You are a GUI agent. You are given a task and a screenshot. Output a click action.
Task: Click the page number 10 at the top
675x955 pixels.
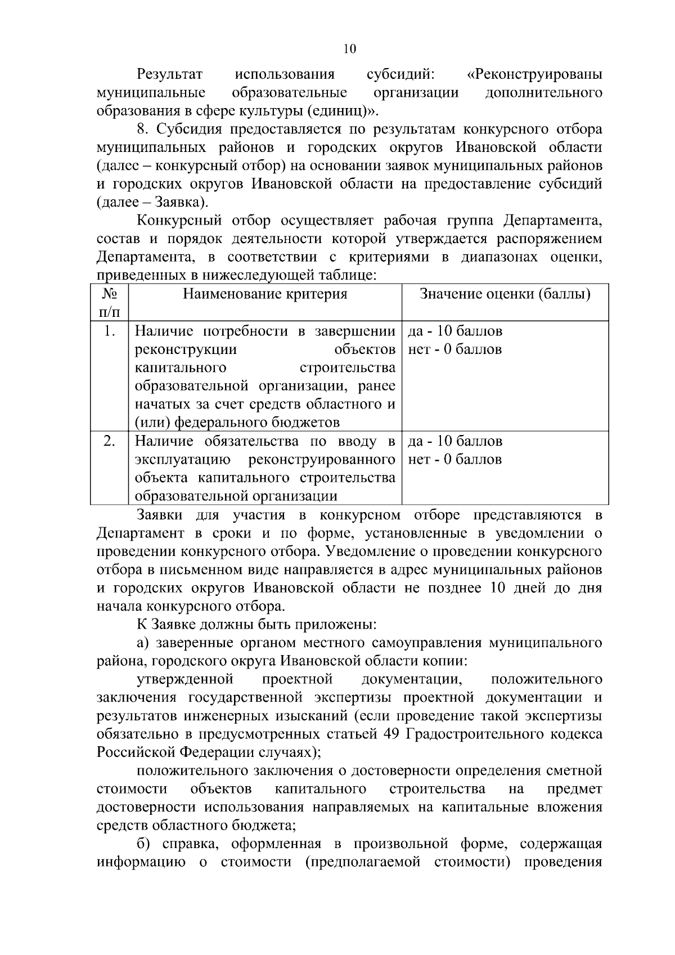(x=349, y=49)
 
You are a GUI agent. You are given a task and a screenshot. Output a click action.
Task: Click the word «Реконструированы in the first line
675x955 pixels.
(x=535, y=74)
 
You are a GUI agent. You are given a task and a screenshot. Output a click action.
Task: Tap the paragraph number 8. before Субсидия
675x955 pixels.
(x=144, y=129)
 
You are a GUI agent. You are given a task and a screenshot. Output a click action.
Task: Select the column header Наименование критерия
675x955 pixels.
(x=265, y=294)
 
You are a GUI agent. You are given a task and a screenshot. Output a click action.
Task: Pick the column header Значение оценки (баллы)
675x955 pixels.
(x=505, y=294)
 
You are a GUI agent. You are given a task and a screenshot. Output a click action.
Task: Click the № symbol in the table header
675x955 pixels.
(x=110, y=294)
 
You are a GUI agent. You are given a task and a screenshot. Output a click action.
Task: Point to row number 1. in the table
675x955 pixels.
(x=110, y=331)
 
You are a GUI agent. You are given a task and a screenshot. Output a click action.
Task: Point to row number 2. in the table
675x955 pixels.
(x=110, y=441)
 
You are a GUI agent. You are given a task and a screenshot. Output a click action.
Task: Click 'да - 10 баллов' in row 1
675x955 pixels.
(x=455, y=331)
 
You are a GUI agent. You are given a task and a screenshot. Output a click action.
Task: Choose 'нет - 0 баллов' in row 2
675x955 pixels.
(x=455, y=460)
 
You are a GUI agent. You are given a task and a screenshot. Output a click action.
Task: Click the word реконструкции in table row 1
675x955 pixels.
(x=186, y=349)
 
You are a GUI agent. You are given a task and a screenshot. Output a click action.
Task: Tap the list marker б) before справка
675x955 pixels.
(x=144, y=844)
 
